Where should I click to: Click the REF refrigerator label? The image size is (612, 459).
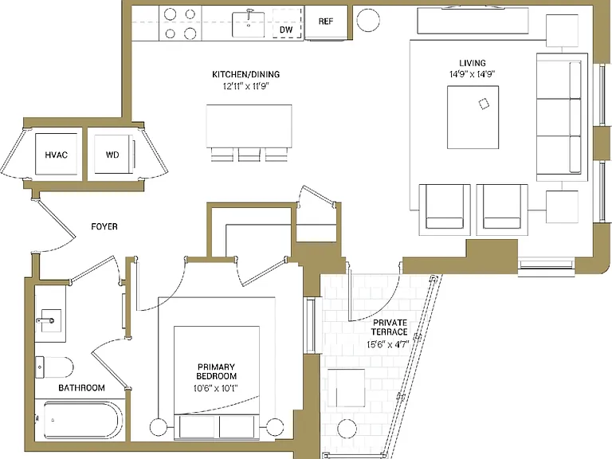[x=325, y=22]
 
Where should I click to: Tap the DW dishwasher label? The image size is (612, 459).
[x=286, y=29]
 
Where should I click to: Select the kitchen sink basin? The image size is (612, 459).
[x=249, y=24]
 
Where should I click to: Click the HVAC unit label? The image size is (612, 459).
[x=57, y=155]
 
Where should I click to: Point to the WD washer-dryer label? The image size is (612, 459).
[x=112, y=155]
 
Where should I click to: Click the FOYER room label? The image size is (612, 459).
[x=104, y=226]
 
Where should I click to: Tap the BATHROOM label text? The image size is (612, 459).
[x=81, y=387]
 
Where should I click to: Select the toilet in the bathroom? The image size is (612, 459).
[x=54, y=367]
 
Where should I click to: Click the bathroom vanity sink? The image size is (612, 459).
[x=49, y=320]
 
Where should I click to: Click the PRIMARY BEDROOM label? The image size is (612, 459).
[x=216, y=371]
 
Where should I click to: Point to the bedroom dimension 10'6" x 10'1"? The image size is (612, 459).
[x=216, y=388]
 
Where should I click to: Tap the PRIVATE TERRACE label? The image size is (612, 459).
[x=390, y=327]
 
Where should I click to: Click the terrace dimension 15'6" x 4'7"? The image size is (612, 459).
[x=387, y=344]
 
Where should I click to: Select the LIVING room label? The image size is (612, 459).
[x=473, y=63]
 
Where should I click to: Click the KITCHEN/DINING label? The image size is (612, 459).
[x=246, y=74]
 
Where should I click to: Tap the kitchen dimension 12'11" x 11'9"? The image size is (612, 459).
[x=246, y=86]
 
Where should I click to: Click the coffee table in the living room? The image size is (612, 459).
[x=473, y=117]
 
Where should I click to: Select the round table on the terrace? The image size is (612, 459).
[x=347, y=429]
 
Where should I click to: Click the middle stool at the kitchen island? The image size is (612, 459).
[x=249, y=155]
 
